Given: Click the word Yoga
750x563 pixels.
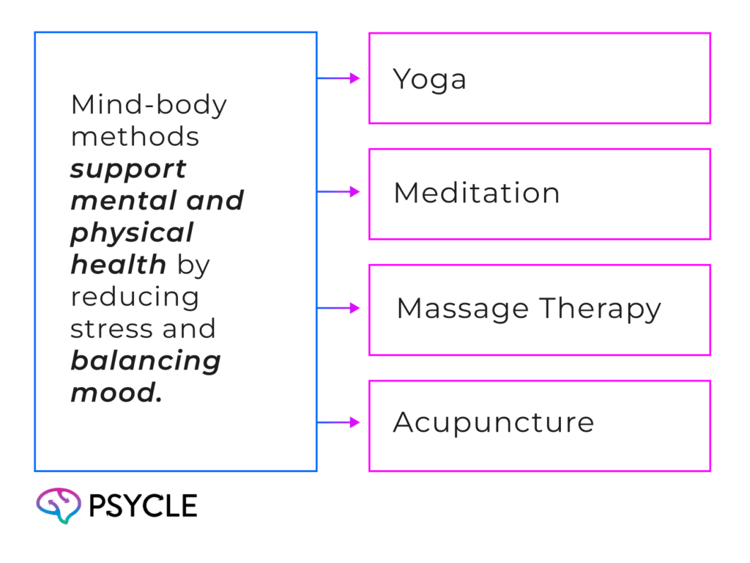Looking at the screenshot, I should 429,79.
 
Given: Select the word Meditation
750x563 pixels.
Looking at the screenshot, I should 477,194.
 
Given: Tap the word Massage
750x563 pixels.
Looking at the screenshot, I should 455,309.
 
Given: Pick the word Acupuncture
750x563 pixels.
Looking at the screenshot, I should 493,423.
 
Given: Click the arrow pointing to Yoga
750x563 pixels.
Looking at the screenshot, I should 341,78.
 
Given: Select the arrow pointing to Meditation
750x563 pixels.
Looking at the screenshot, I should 341,192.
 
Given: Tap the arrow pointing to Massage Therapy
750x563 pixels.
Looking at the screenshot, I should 341,308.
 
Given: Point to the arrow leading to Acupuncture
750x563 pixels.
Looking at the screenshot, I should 341,422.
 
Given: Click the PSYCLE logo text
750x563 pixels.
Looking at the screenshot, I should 144,506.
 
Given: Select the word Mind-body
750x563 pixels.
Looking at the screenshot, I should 149,106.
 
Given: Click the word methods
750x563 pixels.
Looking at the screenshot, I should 134,137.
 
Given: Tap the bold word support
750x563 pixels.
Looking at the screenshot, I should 128,170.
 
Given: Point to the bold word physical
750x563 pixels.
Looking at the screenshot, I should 132,234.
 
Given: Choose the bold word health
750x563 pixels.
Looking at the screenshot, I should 118,265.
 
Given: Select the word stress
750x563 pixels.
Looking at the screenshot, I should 104,329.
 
